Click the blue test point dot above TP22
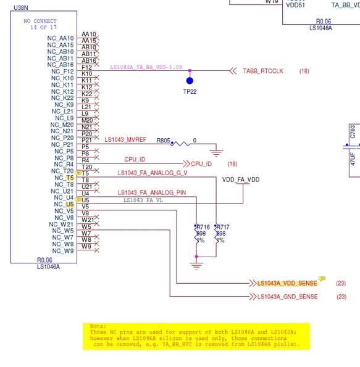coord(190,80)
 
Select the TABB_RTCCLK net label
coord(262,72)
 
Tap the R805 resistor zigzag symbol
coord(180,142)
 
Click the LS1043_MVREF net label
coord(126,141)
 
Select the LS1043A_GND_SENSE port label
coord(287,297)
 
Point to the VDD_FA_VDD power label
coord(241,179)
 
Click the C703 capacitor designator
coord(353,131)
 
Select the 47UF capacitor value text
coord(353,155)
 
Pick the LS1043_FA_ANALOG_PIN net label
coord(151,192)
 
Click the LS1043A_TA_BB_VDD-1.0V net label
coord(146,67)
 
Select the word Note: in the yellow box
coord(98,326)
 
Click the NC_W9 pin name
coord(64,251)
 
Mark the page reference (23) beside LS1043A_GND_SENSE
coord(341,297)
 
